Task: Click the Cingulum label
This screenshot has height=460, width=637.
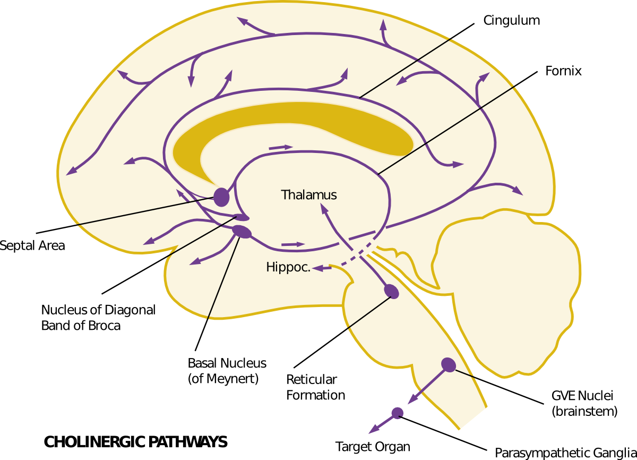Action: coord(511,21)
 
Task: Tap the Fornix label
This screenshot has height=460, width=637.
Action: coord(563,71)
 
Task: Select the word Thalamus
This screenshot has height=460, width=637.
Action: coord(309,195)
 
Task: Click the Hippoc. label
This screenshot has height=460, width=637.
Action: coord(288,267)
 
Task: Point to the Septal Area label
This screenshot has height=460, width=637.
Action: coord(32,245)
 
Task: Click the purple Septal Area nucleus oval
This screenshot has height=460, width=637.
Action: coord(221,197)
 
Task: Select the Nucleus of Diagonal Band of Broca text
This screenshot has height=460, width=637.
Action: coord(98,318)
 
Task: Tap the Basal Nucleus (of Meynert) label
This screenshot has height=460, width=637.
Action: coord(227,371)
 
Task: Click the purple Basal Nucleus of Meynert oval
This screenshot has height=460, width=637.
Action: coord(242,232)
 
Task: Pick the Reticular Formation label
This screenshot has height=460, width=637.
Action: coord(315,387)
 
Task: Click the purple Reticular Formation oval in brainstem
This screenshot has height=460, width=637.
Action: coord(391,291)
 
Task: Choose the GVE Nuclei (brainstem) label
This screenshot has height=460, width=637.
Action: coord(584,403)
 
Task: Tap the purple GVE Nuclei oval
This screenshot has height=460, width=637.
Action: coord(449,364)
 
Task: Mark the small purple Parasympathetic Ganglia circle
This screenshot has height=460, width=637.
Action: coord(397,412)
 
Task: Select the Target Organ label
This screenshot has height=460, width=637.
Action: coord(373,447)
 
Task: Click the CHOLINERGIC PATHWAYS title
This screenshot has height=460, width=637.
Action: coord(135,442)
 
